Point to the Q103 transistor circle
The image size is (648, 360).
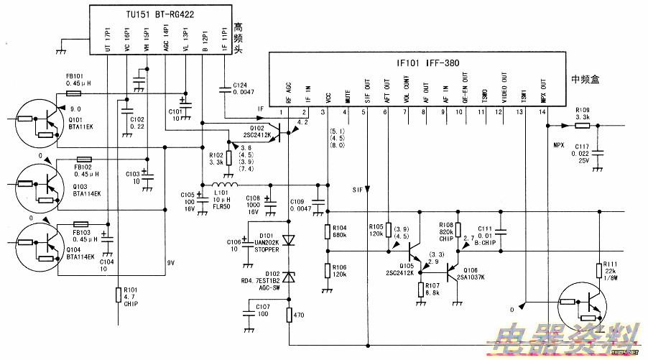point(37,183)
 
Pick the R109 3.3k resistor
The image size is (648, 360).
point(582,125)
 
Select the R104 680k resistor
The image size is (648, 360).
point(327,231)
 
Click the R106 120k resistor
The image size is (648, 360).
point(327,270)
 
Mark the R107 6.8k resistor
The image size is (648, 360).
point(421,289)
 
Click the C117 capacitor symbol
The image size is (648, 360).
point(600,152)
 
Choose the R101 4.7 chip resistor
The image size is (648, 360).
point(118,295)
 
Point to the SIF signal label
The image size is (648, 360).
point(357,190)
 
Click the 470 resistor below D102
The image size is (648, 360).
point(289,314)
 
